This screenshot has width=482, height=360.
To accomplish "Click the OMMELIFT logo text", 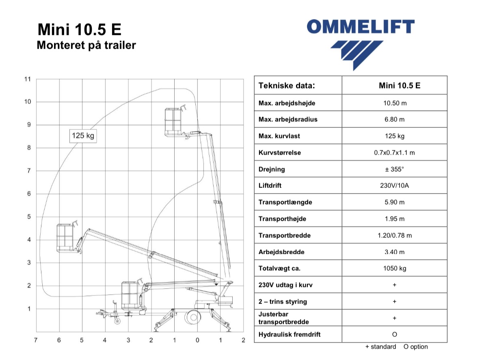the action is pyautogui.click(x=360, y=27).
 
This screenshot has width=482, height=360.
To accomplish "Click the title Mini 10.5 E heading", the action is pyautogui.click(x=79, y=30).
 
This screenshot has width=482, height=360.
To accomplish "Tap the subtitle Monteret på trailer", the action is pyautogui.click(x=86, y=45).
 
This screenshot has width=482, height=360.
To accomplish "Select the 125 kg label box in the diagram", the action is pyautogui.click(x=83, y=136).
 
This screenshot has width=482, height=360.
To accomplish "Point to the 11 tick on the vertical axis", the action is pyautogui.click(x=28, y=79).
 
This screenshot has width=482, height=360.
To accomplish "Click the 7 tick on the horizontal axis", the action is pyautogui.click(x=36, y=340).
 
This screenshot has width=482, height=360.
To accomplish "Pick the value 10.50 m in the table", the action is pyautogui.click(x=395, y=103).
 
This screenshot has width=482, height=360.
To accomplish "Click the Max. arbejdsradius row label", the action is pyautogui.click(x=288, y=119).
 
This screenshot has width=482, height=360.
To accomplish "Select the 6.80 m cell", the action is pyautogui.click(x=394, y=119).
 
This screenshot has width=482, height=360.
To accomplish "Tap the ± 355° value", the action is pyautogui.click(x=394, y=169).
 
